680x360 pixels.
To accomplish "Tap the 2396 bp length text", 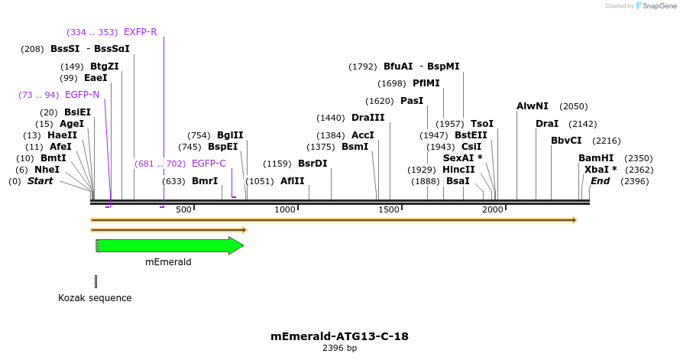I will (339, 349).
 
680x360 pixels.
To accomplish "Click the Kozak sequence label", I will (95, 298).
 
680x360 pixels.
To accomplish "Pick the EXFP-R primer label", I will (140, 32).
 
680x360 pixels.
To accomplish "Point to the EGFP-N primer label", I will (82, 95).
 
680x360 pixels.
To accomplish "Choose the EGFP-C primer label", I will (209, 164).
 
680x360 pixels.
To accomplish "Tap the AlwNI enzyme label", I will (533, 106).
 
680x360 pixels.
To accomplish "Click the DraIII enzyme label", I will (368, 118).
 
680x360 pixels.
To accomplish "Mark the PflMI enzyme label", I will (426, 83).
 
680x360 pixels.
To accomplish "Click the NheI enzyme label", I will (47, 170).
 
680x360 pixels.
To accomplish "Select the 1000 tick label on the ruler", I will (285, 209).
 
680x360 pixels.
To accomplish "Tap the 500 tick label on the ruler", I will (183, 209).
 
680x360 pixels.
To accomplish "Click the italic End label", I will (601, 181).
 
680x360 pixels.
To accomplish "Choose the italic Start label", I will (40, 181).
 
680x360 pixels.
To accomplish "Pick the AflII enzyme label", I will (292, 181).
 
